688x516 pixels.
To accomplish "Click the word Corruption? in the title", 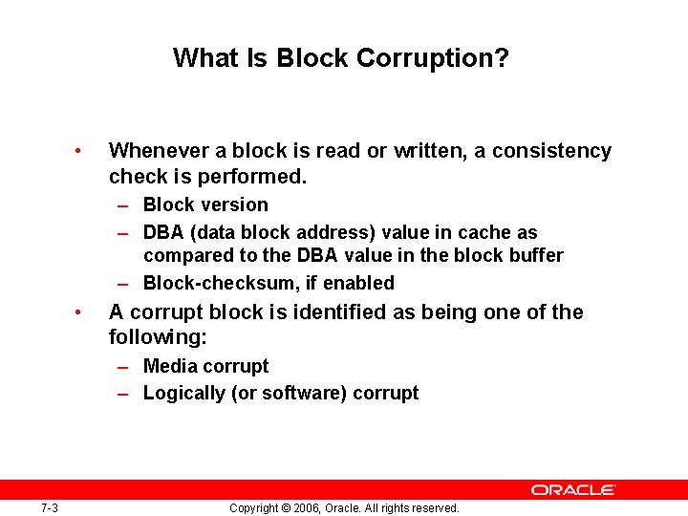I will point(432,58).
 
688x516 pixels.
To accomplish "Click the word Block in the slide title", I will point(312,58).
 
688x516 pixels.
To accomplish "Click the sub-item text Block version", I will point(205,204).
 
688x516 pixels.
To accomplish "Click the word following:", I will point(158,338).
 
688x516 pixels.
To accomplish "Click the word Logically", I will point(184,393).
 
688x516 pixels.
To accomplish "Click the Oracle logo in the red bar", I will point(573,489).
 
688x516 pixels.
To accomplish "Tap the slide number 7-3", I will point(50,507).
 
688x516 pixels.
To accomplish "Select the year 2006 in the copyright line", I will point(298,507).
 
